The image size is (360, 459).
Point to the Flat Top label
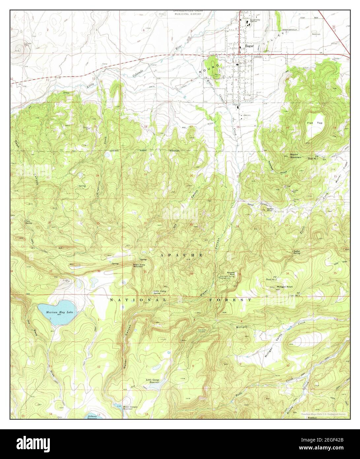[315, 123]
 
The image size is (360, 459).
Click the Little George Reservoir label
[153, 381]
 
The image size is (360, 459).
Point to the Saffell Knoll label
[271, 210]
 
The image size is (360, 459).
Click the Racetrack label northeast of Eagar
[316, 34]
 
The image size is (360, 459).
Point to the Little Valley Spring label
[160, 292]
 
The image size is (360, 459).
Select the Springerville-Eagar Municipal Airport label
[187, 13]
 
